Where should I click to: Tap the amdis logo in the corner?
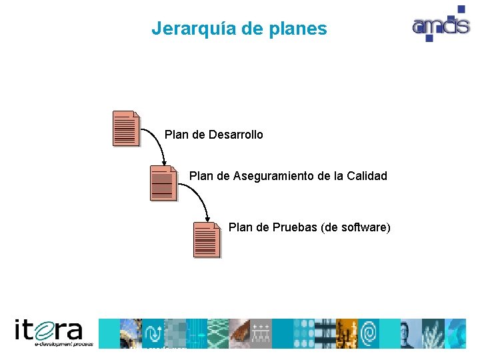tap(440, 25)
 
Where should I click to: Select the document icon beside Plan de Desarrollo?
tap(127, 128)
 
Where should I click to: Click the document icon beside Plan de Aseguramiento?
tap(164, 183)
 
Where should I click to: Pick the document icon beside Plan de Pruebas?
tap(207, 239)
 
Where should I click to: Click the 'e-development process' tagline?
tap(65, 344)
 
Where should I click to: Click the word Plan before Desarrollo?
tap(176, 135)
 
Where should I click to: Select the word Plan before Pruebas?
tap(240, 227)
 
